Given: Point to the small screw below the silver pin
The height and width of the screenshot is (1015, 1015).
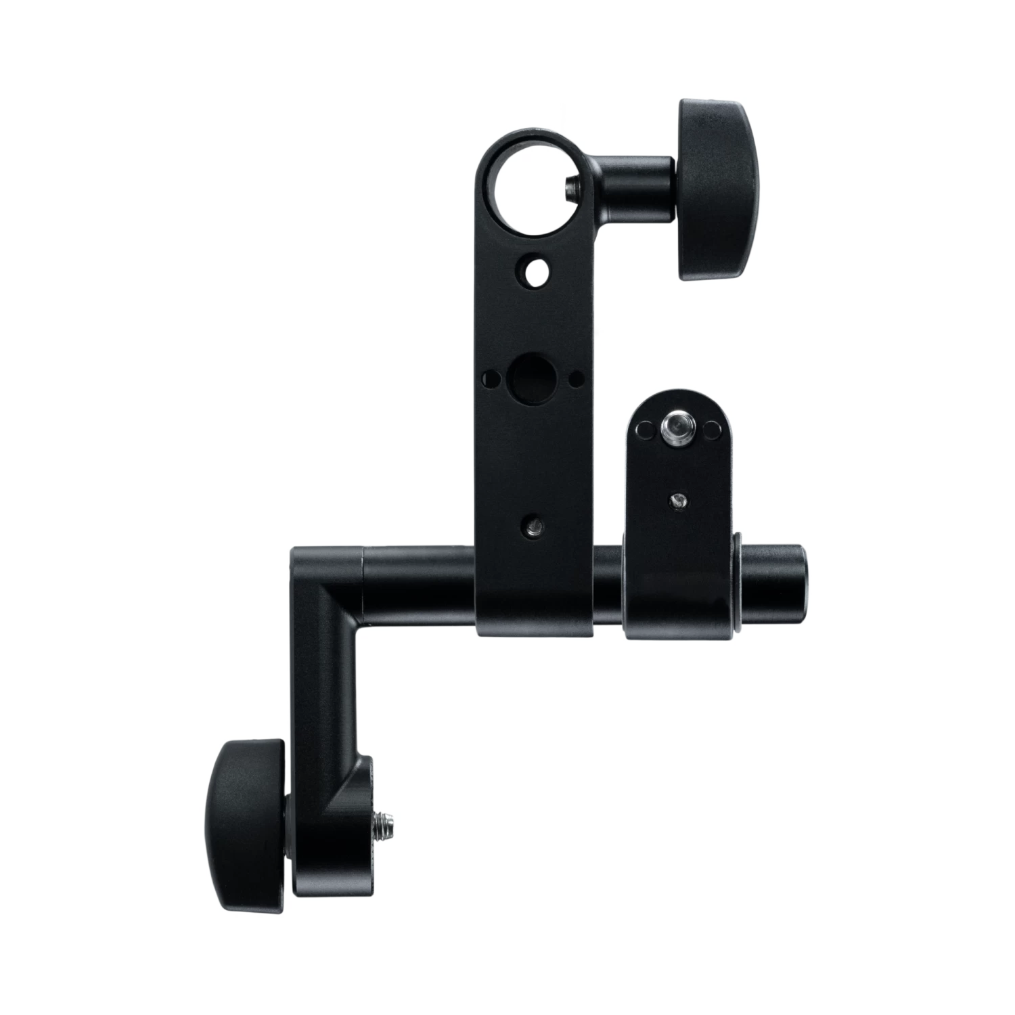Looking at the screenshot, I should pyautogui.click(x=677, y=500).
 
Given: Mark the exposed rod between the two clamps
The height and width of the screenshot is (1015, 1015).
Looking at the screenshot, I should pyautogui.click(x=609, y=583).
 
